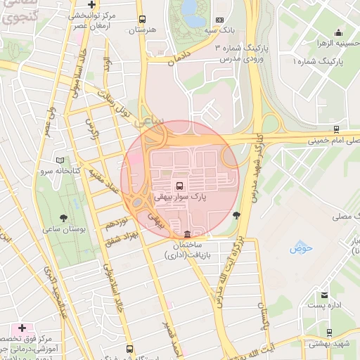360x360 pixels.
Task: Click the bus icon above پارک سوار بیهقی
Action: [180, 186]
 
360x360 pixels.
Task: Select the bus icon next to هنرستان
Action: [143, 20]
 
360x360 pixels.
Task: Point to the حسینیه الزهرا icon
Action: [339, 32]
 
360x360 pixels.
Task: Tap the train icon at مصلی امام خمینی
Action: [337, 129]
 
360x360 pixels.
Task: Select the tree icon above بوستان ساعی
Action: [65, 218]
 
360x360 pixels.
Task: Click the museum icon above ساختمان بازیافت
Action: [186, 234]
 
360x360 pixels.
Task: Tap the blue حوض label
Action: [300, 249]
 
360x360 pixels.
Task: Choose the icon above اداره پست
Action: [324, 295]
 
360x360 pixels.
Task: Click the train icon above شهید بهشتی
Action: [331, 330]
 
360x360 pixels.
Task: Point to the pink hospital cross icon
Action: [22, 328]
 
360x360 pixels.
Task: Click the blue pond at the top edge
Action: [188, 8]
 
